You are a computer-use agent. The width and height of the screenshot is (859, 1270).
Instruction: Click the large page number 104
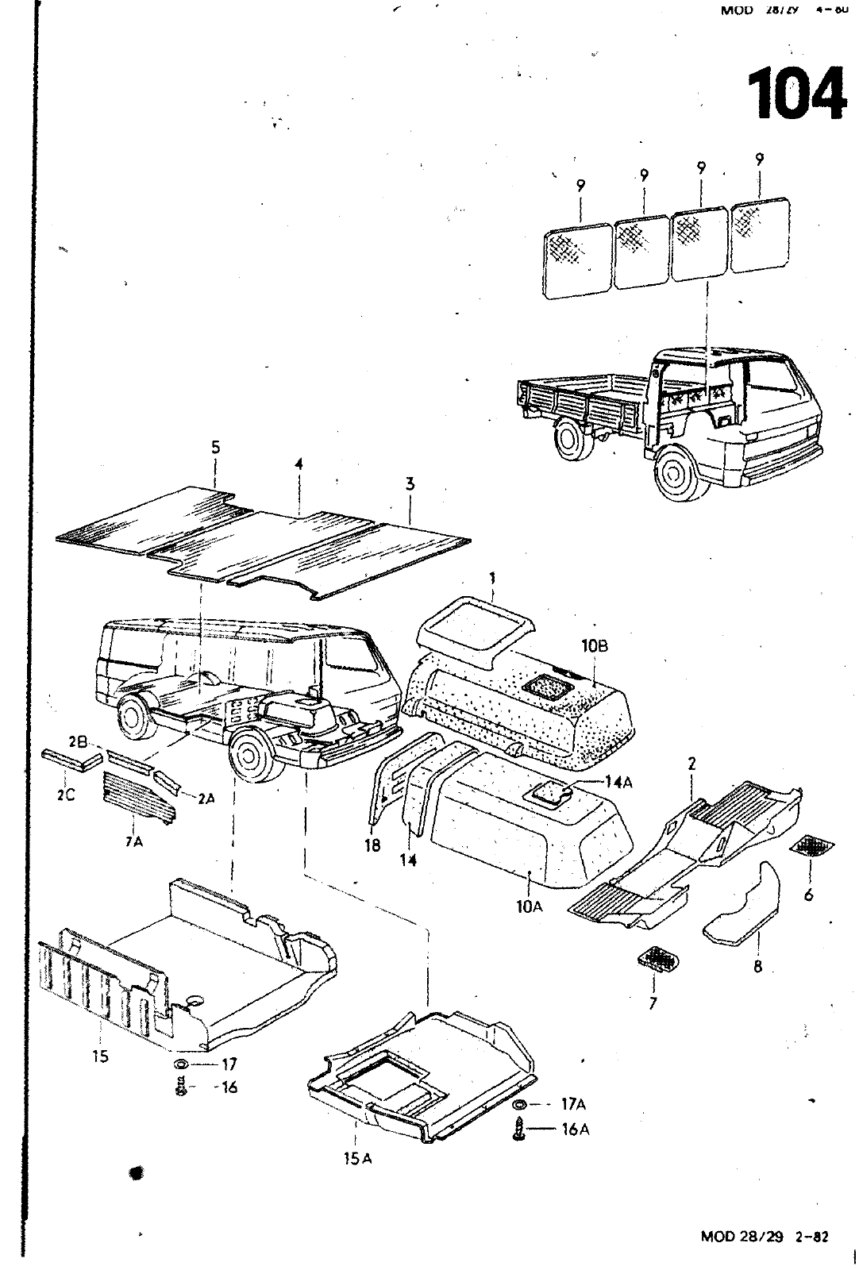796,94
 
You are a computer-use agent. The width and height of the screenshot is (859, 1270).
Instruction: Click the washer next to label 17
180,1064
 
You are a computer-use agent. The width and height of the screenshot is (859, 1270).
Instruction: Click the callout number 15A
357,1160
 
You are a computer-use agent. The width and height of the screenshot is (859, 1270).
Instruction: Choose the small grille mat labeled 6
815,846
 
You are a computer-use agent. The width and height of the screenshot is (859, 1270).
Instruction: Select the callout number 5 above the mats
215,448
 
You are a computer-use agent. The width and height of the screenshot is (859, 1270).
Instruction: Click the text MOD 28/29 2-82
765,1236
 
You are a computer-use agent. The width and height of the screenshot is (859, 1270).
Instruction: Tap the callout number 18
372,845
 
